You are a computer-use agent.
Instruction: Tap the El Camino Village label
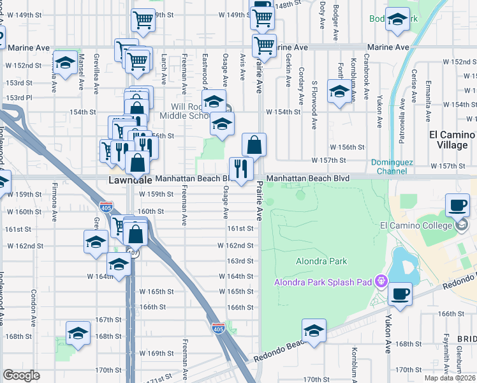pyautogui.click(x=453, y=140)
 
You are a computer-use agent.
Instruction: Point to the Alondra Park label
pyautogui.click(x=321, y=261)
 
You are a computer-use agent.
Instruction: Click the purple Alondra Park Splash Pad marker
pyautogui.click(x=382, y=280)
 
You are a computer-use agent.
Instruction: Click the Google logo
pyautogui.click(x=21, y=375)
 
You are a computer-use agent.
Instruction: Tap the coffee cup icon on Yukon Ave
pyautogui.click(x=400, y=294)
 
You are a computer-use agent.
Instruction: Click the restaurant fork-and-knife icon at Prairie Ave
pyautogui.click(x=240, y=169)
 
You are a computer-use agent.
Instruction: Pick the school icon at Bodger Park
pyautogui.click(x=397, y=20)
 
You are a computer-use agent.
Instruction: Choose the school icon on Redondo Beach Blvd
pyautogui.click(x=314, y=331)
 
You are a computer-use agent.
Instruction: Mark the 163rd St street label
pyautogui.click(x=241, y=261)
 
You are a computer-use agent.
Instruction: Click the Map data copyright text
pyautogui.click(x=449, y=378)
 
